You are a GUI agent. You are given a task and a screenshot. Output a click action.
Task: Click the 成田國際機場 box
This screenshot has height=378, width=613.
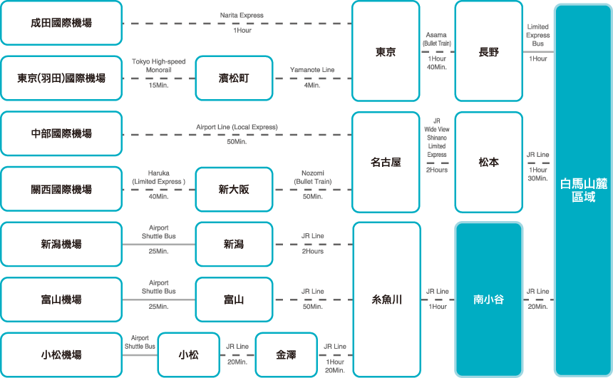[61, 23]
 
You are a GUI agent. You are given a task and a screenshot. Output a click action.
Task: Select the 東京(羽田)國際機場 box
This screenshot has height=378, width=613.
[61, 78]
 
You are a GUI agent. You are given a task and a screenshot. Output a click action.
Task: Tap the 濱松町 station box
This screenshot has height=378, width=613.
[234, 78]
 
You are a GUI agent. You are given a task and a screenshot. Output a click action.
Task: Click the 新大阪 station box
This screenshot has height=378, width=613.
[234, 190]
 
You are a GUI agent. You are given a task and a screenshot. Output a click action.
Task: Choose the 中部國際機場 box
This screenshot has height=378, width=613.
[61, 134]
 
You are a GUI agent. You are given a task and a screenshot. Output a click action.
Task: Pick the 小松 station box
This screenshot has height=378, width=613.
[188, 355]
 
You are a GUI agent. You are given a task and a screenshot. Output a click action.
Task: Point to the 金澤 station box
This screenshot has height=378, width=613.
[286, 355]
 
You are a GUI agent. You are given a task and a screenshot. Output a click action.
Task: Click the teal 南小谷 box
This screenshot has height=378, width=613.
[489, 300]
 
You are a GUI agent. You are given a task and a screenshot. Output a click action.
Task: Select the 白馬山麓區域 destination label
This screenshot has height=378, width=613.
[584, 190]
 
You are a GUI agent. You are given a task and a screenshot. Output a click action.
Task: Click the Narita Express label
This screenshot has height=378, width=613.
[242, 15]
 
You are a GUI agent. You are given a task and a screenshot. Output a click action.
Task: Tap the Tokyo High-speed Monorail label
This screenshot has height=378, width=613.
[159, 66]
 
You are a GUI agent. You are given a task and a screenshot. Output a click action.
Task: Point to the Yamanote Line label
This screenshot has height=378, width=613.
[312, 70]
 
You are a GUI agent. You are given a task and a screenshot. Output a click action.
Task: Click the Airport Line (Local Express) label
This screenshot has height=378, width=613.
[237, 127]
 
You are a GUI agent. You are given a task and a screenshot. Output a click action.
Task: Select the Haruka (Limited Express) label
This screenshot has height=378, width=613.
[159, 178]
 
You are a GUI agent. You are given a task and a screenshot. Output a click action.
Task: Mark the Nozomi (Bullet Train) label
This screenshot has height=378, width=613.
[313, 178]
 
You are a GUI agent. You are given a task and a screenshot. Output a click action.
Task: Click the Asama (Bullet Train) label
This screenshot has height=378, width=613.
[437, 39]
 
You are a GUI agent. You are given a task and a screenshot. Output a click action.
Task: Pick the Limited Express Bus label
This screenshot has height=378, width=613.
[538, 35]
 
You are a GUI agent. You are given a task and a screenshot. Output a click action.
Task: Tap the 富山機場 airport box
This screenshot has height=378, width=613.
[61, 300]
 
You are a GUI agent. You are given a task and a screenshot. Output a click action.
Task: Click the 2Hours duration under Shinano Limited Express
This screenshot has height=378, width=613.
[437, 170]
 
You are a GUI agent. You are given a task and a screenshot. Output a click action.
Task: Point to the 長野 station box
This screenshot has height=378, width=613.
[489, 51]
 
